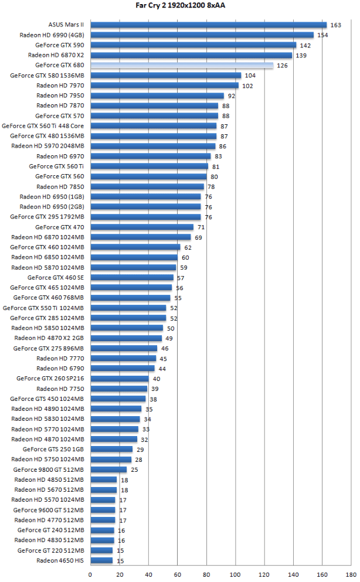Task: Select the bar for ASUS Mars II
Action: pos(208,25)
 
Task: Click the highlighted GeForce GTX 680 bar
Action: pos(182,65)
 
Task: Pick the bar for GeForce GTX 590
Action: pos(193,45)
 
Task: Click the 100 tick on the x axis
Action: pos(236,574)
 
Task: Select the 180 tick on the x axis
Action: pos(351,574)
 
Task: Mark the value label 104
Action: pos(250,76)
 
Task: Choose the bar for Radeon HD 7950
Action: pos(157,96)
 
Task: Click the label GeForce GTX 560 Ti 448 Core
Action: pos(43,126)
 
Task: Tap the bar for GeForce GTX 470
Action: pos(142,227)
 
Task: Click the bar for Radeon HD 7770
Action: pos(123,358)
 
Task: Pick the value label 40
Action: pos(156,379)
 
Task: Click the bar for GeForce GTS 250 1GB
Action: pos(111,450)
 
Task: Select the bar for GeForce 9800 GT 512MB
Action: pos(108,469)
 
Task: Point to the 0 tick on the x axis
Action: pos(90,574)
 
